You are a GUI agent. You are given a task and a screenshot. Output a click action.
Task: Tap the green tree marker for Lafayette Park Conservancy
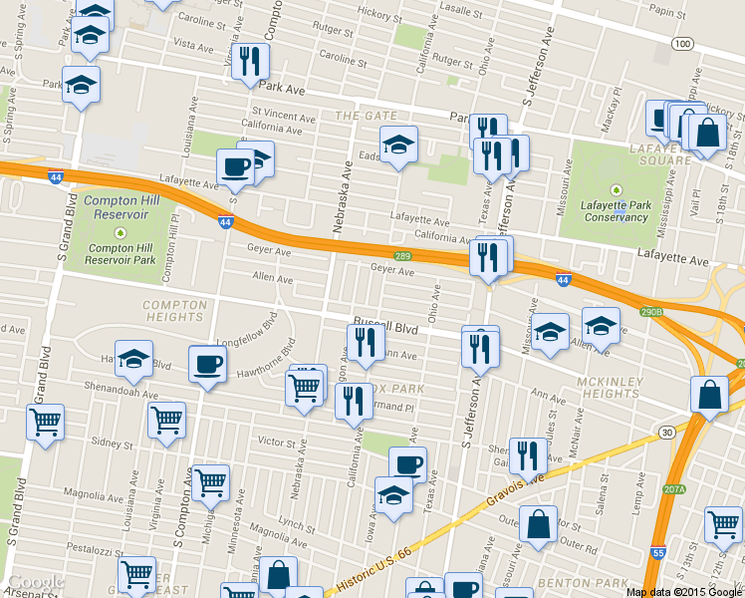pos(616,189)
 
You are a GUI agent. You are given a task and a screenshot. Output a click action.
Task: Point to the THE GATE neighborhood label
pos(359,116)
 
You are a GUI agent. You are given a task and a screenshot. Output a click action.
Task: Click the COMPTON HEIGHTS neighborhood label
pos(174,311)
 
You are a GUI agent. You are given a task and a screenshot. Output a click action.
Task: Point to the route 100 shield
pos(681,44)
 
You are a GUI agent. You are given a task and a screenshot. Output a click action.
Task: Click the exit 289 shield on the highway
pos(402,257)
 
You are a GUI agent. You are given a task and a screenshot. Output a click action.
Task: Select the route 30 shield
pos(664,432)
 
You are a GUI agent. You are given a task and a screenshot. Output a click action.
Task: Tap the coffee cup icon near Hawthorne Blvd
pos(208,364)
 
